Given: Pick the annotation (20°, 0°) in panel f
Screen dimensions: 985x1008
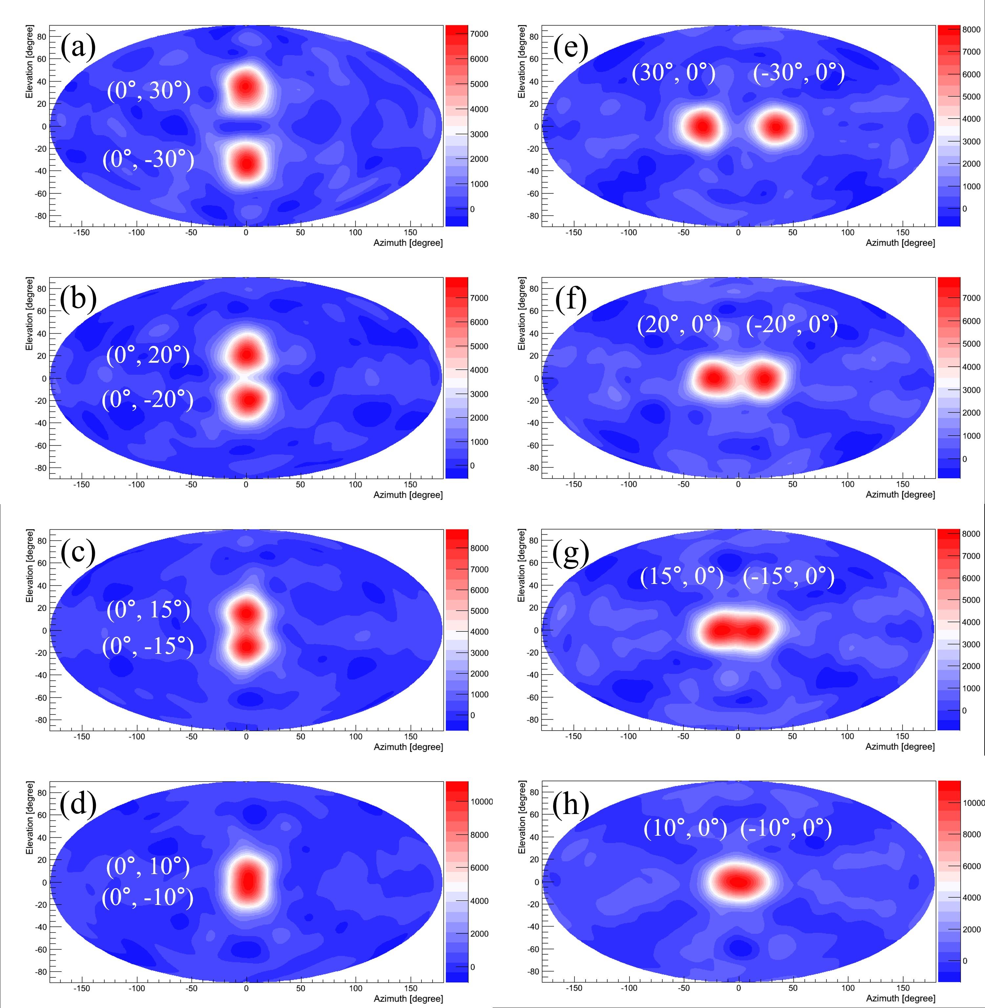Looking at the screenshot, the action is point(679,325).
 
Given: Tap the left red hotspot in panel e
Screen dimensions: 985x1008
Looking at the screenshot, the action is point(701,127).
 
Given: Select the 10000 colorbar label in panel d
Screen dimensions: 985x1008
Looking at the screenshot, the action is point(482,802).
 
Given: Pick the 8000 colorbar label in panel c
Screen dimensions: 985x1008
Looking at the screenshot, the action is point(479,548).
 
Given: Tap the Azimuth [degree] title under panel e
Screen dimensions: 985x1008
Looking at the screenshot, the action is point(901,243).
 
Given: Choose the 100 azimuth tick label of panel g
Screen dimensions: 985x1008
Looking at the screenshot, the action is point(847,736).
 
